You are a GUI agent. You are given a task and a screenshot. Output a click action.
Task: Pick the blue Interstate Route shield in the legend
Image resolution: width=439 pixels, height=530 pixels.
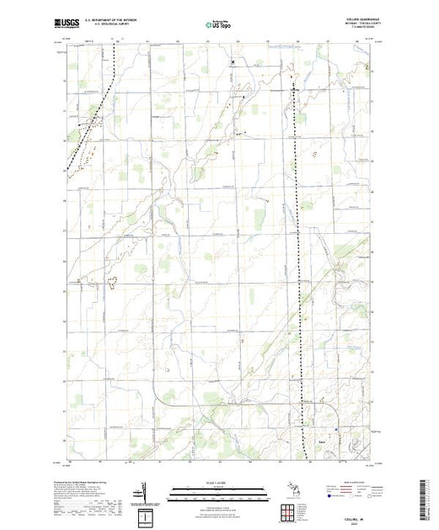pyautogui.click(x=328, y=498)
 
